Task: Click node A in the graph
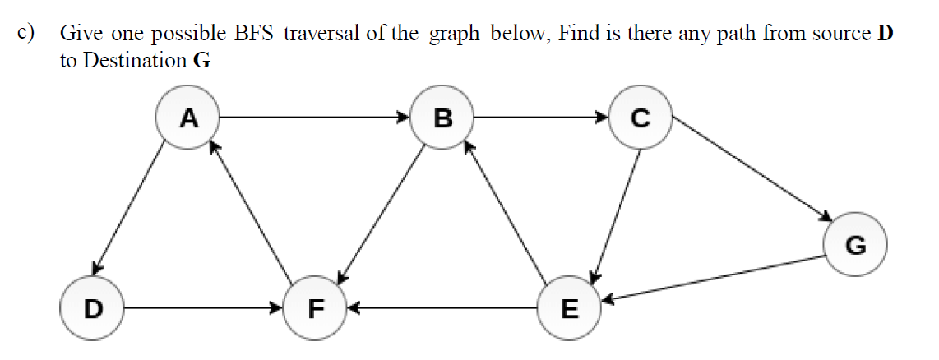pos(188,118)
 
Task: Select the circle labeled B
pos(442,118)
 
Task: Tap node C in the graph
pos(640,118)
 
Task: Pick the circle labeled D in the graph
pos(93,309)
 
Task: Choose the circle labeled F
pos(315,309)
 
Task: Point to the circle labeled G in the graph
pos(855,245)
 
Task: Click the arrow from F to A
pos(251,215)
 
